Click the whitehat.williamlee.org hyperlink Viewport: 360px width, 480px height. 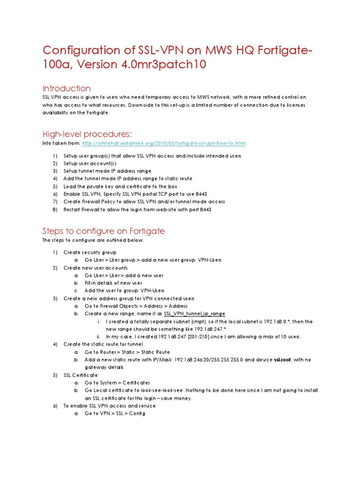(x=164, y=143)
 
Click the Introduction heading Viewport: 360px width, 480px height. (x=67, y=88)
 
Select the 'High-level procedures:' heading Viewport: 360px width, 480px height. (x=80, y=134)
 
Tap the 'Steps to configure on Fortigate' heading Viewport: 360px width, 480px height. (x=104, y=231)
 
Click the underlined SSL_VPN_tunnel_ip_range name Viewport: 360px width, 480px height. (x=195, y=314)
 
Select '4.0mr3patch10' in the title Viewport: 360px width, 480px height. (x=166, y=65)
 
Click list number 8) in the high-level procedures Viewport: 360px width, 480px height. (x=54, y=210)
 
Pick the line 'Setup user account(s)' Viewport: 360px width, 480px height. (x=90, y=164)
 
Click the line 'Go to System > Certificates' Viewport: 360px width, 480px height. (x=118, y=382)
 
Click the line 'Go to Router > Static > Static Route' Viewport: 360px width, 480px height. (x=127, y=352)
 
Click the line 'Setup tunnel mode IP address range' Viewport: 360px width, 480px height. (x=107, y=171)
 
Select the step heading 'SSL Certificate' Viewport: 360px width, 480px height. (x=81, y=375)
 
